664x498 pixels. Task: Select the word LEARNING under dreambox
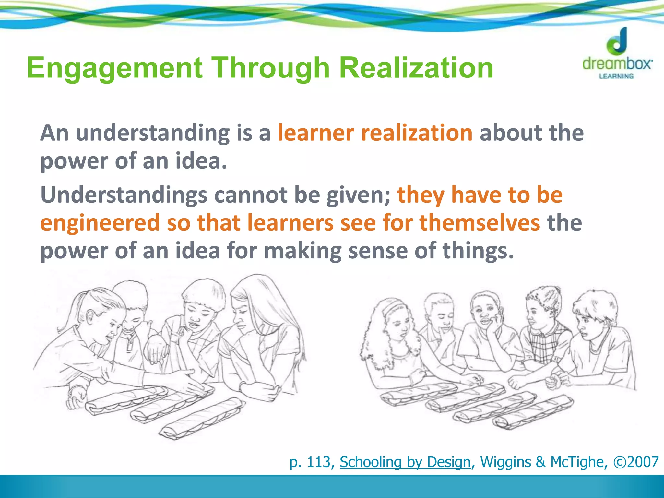coord(616,76)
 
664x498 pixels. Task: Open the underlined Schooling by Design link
coord(405,462)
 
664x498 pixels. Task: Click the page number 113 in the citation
coord(319,462)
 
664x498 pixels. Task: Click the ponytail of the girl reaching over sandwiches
coord(70,311)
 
